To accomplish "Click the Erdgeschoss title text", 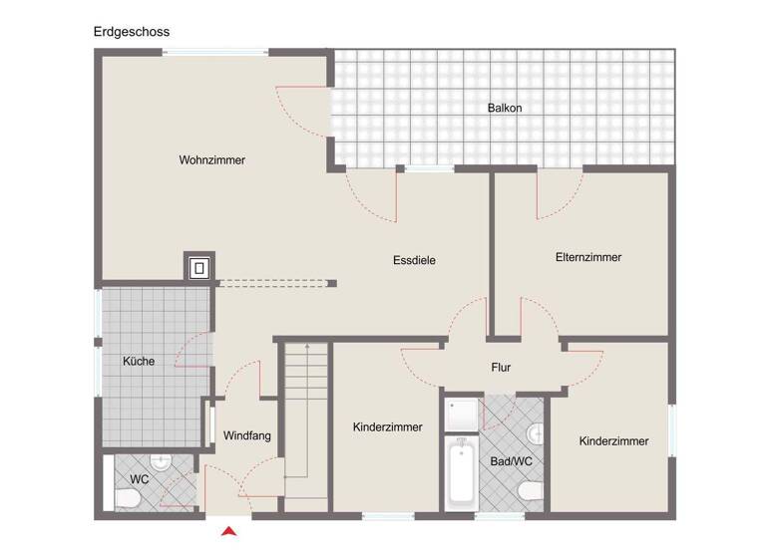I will tap(132, 32).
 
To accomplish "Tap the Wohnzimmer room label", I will tap(212, 160).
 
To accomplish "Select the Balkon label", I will tap(505, 109).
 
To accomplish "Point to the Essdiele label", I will tap(414, 261).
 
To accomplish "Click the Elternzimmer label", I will tap(588, 257).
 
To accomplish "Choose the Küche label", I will tap(139, 362).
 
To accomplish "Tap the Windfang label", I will tap(247, 435).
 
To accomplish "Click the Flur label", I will tap(501, 368).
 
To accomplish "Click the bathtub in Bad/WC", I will tap(461, 475).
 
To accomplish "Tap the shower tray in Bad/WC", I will tap(463, 416).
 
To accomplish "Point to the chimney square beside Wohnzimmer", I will tap(199, 267).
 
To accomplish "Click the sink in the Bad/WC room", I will tap(537, 431).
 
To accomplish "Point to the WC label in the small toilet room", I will tap(139, 479).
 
